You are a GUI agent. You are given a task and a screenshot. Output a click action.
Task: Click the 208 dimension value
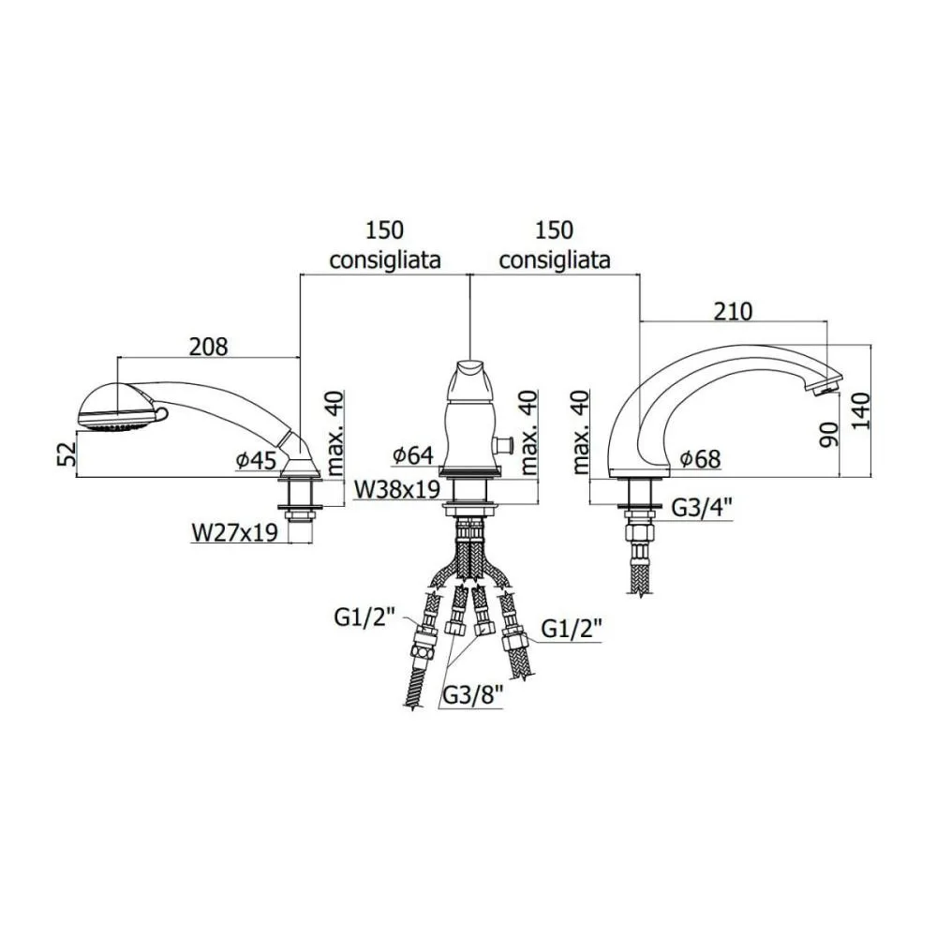coord(209,347)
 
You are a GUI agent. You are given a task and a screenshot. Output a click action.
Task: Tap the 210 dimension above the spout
coord(734,311)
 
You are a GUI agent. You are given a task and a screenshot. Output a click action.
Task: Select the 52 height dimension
coord(69,454)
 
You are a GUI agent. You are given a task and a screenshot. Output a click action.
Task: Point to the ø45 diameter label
coord(257,459)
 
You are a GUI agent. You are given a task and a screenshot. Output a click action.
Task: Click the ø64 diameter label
coord(413,455)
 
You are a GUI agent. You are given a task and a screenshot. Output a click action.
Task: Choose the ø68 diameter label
coord(700,459)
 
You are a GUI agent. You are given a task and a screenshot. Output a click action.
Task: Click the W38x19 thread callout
coord(397,489)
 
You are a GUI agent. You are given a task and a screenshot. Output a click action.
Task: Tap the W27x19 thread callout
coord(235,532)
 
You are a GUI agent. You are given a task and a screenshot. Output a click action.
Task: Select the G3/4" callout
coord(703,508)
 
